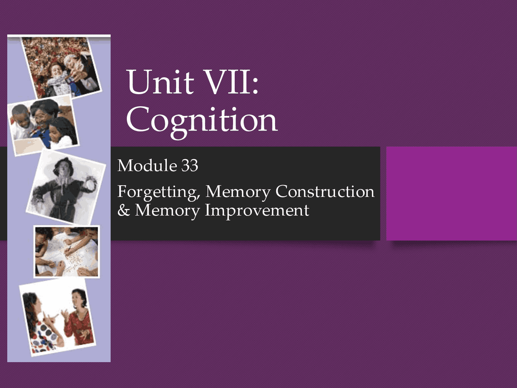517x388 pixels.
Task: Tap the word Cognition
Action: pos(202,120)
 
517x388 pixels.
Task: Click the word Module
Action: pos(147,166)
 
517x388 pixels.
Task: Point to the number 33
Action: pos(189,166)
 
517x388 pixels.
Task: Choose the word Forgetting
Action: pos(158,192)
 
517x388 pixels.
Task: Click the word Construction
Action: pos(325,192)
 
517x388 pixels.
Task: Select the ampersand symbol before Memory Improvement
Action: pos(123,211)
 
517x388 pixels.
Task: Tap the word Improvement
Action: pos(257,211)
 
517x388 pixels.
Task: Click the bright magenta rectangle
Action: pos(452,193)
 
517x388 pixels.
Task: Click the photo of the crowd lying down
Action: pos(61,67)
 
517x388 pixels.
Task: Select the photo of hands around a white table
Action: pos(66,251)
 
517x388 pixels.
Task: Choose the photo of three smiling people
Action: pos(42,125)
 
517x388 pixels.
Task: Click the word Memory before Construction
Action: pos(238,192)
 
